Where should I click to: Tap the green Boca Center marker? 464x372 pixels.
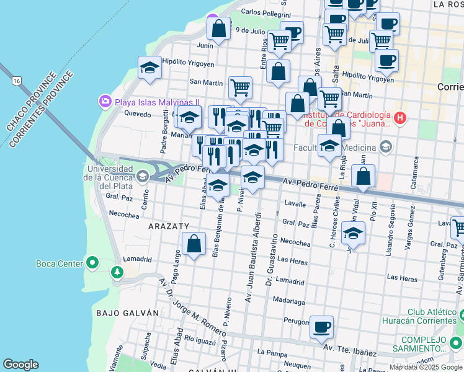pyautogui.click(x=92, y=263)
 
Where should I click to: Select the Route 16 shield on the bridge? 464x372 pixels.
pyautogui.click(x=17, y=81)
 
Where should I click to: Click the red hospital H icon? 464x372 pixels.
pyautogui.click(x=401, y=118)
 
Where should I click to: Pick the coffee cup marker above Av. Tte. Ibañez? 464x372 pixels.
pyautogui.click(x=321, y=327)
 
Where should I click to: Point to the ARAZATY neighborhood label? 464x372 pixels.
pyautogui.click(x=168, y=227)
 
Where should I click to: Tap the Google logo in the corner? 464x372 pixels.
pyautogui.click(x=20, y=365)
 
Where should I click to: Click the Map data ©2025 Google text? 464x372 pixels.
pyautogui.click(x=426, y=367)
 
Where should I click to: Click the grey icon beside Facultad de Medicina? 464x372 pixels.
pyautogui.click(x=386, y=147)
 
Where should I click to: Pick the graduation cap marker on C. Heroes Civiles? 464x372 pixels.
pyautogui.click(x=353, y=233)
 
